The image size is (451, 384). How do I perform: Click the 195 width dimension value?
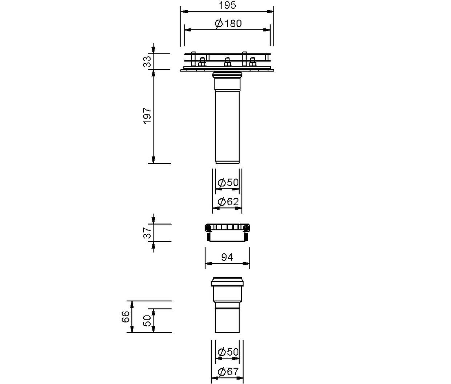pos(227,5)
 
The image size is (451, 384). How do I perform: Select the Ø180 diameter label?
pos(228,23)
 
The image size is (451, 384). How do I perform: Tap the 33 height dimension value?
pos(147,62)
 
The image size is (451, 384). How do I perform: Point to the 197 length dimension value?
pos(147,116)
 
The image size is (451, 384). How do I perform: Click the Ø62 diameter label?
pos(228,202)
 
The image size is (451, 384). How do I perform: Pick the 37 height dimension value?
pos(147,233)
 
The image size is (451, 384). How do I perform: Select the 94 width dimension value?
pos(227,257)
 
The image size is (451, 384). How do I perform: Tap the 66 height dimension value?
pos(126,317)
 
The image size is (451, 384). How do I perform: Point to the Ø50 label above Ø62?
pos(228,182)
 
